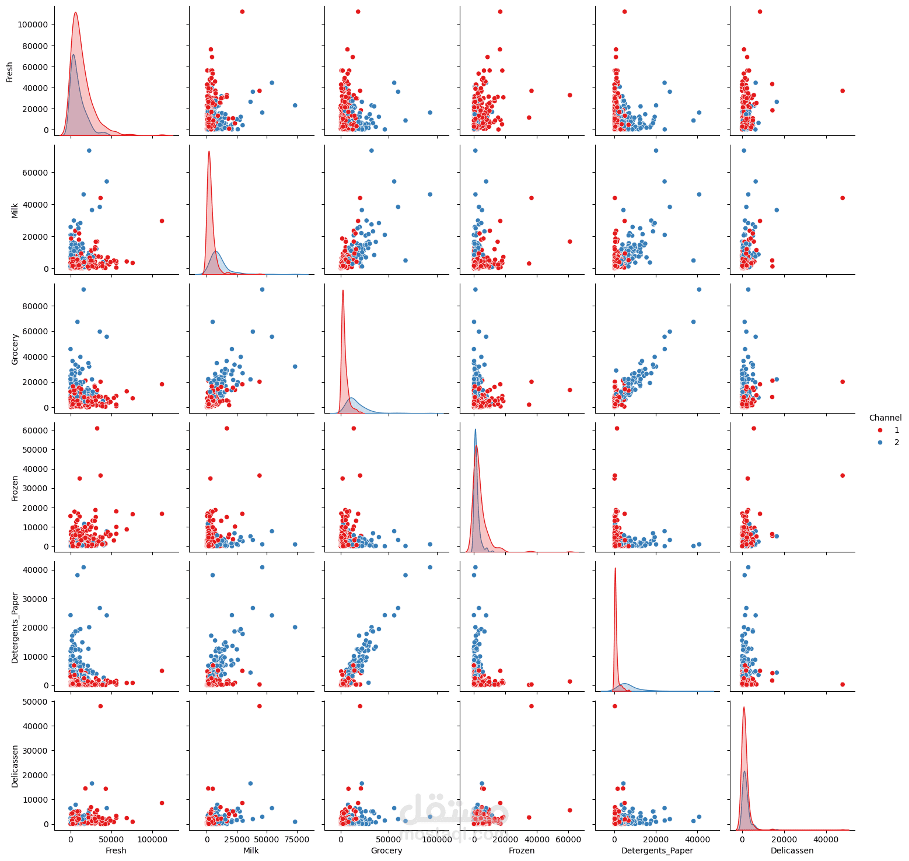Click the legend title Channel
pos(884,418)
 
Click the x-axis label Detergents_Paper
pos(657,850)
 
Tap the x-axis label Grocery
pos(386,850)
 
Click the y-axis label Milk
pos(15,210)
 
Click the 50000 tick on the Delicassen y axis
pos(36,702)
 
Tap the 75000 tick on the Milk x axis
pos(296,838)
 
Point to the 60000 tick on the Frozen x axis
pos(568,838)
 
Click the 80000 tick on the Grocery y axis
pos(36,306)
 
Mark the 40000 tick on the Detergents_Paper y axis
pos(36,570)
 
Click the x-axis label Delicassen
pos(792,850)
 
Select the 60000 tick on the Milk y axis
pos(36,173)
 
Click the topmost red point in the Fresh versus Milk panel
pos(242,12)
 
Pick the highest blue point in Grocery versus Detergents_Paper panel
pos(699,289)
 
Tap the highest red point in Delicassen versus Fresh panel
pos(100,706)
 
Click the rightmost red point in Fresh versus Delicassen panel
pos(842,90)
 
